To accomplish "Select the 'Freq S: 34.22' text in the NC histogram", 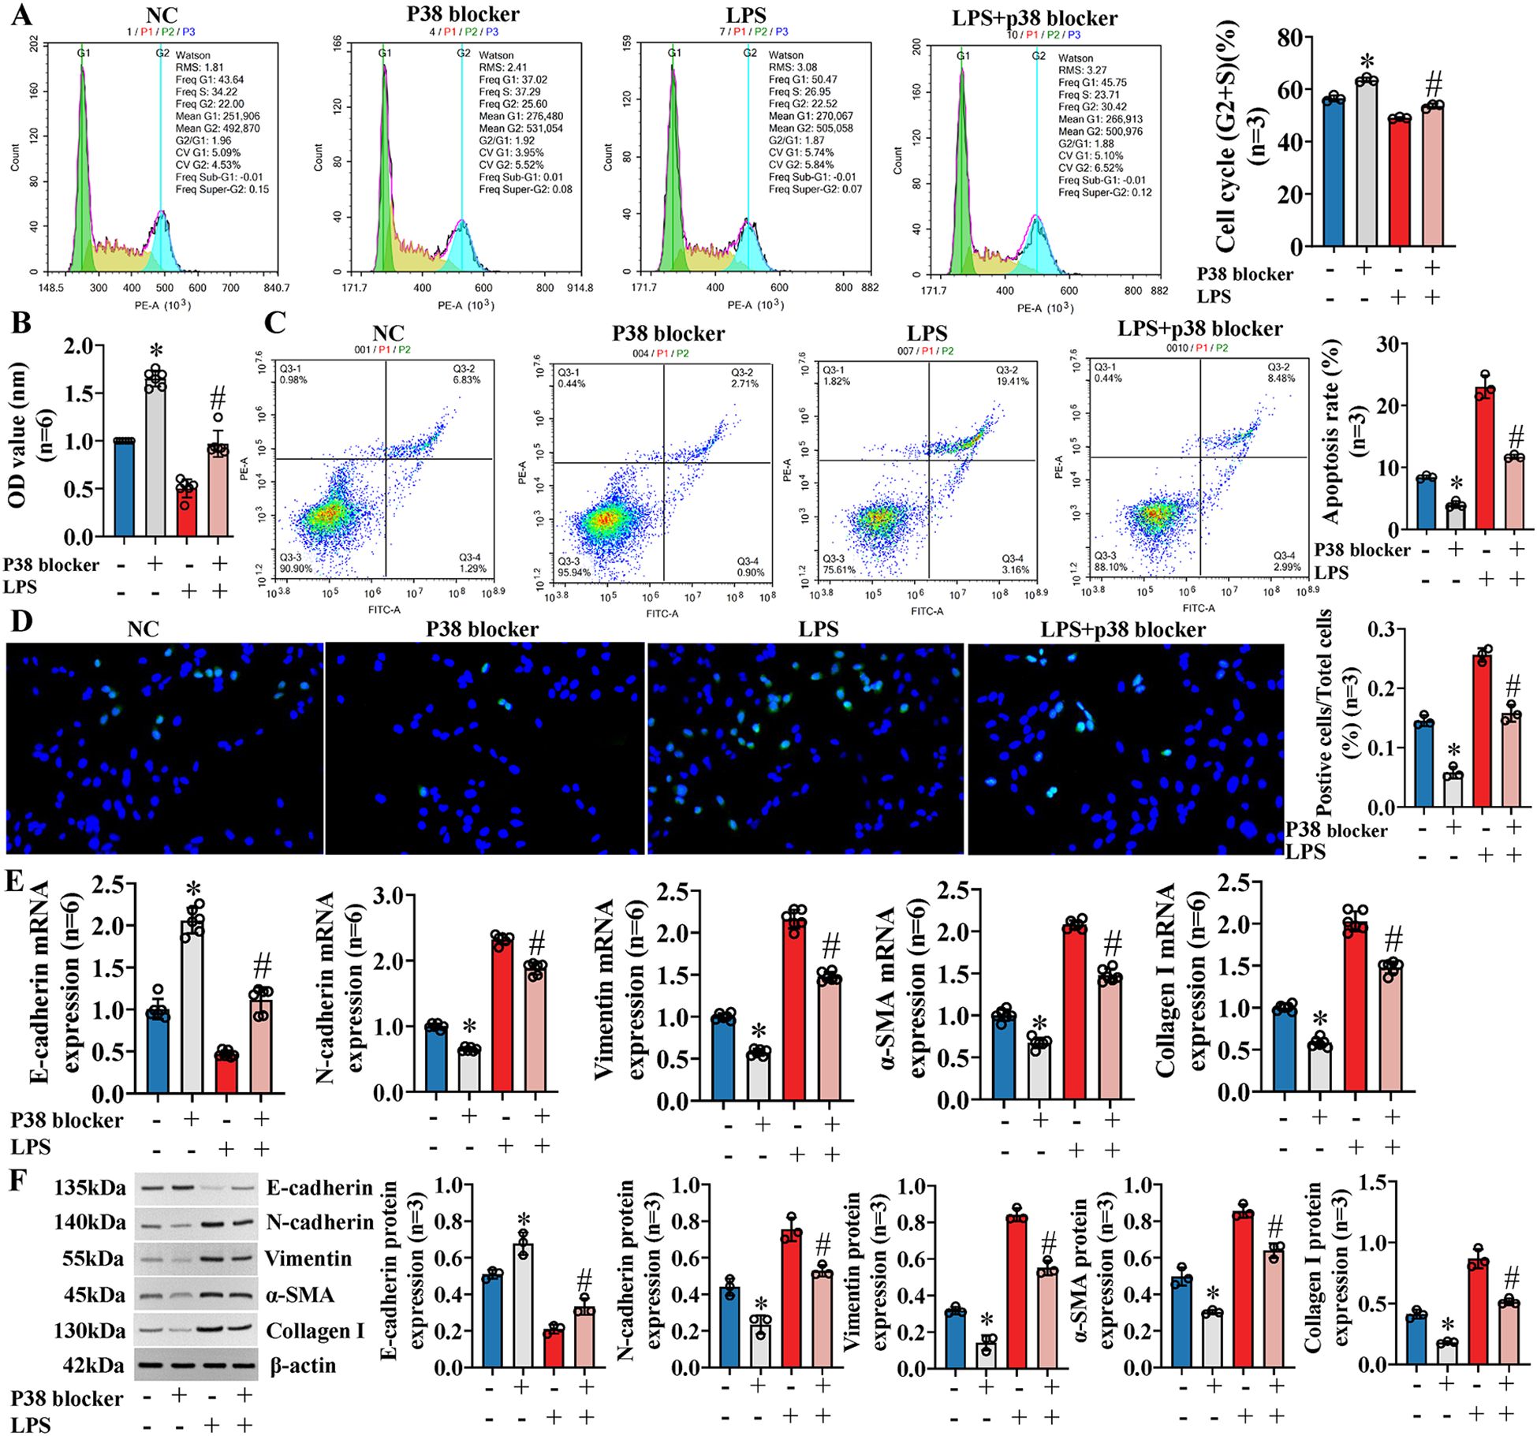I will coord(206,91).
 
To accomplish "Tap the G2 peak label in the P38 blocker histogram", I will coord(464,54).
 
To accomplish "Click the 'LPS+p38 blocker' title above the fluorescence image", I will coord(1122,629).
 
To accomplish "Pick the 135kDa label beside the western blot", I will coord(89,1188).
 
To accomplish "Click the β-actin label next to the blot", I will coord(303,1365).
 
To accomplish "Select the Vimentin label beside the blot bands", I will coord(308,1258).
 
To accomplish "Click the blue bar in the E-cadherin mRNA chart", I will coord(158,1052).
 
